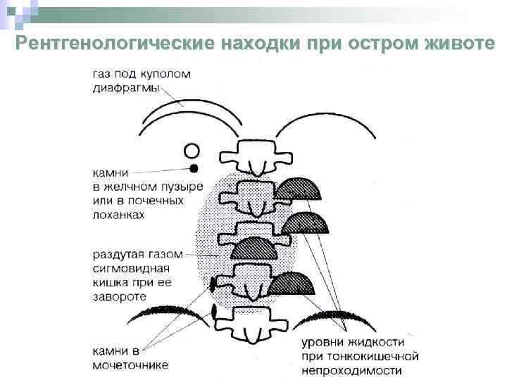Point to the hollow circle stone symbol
pos(192,150)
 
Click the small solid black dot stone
pos(193,168)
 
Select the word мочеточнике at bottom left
pos(131,365)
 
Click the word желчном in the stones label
pos(130,186)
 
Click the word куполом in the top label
pos(164,74)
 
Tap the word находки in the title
pos(261,44)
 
